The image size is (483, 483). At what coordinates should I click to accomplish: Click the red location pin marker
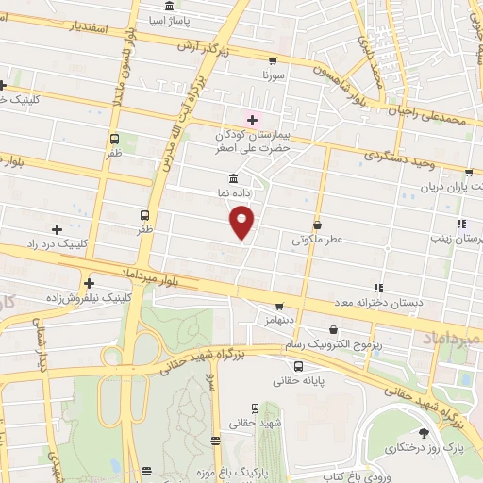tap(242, 222)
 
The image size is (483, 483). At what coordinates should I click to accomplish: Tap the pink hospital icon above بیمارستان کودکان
tap(251, 118)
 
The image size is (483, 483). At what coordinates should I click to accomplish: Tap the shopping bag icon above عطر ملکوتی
tap(317, 226)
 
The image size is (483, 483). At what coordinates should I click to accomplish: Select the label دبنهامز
tap(279, 321)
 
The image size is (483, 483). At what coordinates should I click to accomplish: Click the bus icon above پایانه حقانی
tap(298, 366)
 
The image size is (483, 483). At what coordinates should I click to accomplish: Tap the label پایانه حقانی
tap(298, 381)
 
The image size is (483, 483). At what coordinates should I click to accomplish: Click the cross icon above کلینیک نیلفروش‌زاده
tap(89, 282)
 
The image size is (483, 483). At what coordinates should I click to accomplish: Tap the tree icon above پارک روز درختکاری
tap(424, 433)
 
